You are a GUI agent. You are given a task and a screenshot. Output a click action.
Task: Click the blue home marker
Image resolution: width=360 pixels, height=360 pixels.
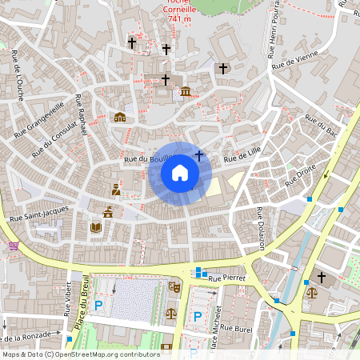coord(179,173)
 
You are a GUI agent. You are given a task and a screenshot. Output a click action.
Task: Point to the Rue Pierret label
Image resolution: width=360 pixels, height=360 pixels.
coord(226,278)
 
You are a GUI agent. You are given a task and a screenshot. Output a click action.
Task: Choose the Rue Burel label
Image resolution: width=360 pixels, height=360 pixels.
coord(237,328)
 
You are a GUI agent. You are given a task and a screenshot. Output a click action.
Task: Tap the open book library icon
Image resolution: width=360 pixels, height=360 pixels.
coord(97,228)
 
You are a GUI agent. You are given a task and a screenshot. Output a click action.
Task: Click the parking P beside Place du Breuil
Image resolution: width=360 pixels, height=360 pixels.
coord(99,305)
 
